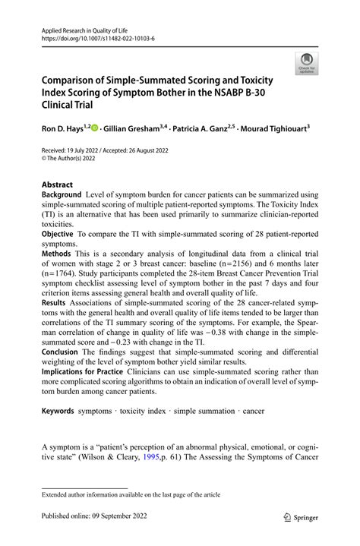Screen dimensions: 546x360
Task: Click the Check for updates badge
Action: point(308,64)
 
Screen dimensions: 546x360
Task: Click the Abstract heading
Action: point(58,185)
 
